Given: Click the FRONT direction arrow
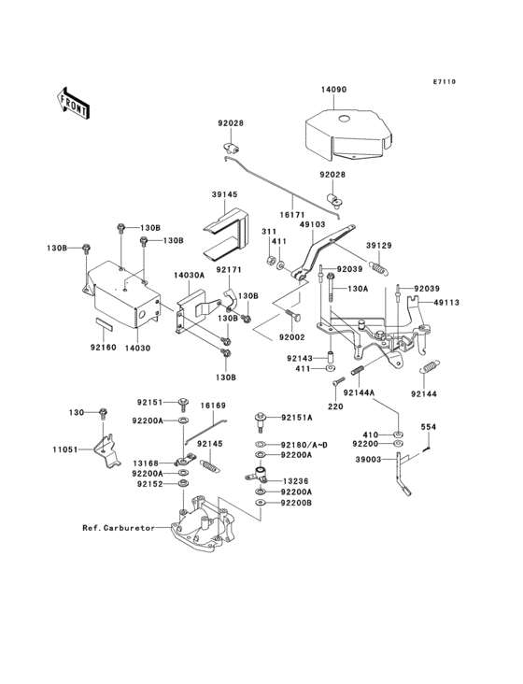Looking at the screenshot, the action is pyautogui.click(x=73, y=104).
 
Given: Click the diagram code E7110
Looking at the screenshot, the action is pyautogui.click(x=445, y=81).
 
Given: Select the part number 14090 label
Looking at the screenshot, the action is pyautogui.click(x=333, y=90).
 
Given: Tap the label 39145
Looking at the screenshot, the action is pyautogui.click(x=225, y=194).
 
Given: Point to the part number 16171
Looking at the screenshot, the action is pyautogui.click(x=293, y=216).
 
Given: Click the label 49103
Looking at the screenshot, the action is pyautogui.click(x=313, y=224).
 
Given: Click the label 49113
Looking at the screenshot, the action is pyautogui.click(x=445, y=303).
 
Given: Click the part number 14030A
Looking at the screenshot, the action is pyautogui.click(x=189, y=276).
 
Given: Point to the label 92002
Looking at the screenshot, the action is pyautogui.click(x=292, y=337).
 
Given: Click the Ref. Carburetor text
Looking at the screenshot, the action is pyautogui.click(x=119, y=528).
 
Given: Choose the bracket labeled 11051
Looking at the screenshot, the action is pyautogui.click(x=107, y=450).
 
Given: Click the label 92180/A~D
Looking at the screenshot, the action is pyautogui.click(x=304, y=445).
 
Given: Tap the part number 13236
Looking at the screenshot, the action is pyautogui.click(x=295, y=481).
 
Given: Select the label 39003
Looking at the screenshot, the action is pyautogui.click(x=369, y=460).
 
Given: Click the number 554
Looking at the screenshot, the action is pyautogui.click(x=428, y=427).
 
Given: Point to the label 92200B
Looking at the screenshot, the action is pyautogui.click(x=296, y=503).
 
